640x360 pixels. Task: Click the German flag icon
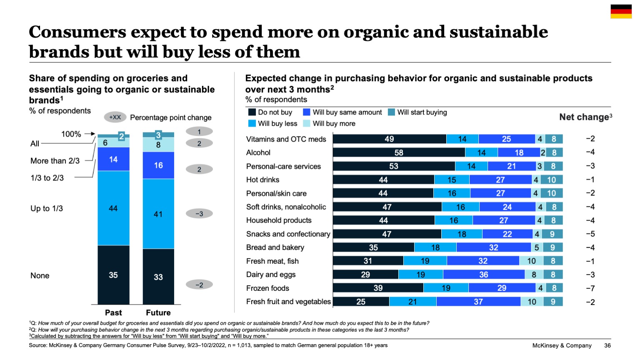tap(621, 12)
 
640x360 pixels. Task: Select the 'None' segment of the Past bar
tap(113, 275)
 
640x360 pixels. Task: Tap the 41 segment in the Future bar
tap(158, 214)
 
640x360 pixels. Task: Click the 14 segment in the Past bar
tap(113, 159)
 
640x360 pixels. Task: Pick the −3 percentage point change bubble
tap(199, 214)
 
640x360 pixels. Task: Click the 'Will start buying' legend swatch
tap(391, 112)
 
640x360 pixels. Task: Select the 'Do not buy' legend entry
tap(270, 112)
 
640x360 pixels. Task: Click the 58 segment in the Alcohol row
tap(399, 152)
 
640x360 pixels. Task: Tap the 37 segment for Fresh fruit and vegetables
tap(478, 302)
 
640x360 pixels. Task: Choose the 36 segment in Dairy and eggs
tap(483, 275)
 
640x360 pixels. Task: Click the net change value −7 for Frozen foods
tap(590, 288)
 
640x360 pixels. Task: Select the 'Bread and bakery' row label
tap(275, 247)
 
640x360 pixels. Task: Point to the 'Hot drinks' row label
tap(262, 180)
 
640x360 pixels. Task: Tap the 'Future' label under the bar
tap(158, 312)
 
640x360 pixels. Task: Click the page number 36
tap(607, 345)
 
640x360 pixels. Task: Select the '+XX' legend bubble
tap(115, 117)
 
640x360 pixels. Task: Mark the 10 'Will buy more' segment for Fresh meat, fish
tap(531, 261)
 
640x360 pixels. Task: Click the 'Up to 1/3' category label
tap(47, 208)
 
